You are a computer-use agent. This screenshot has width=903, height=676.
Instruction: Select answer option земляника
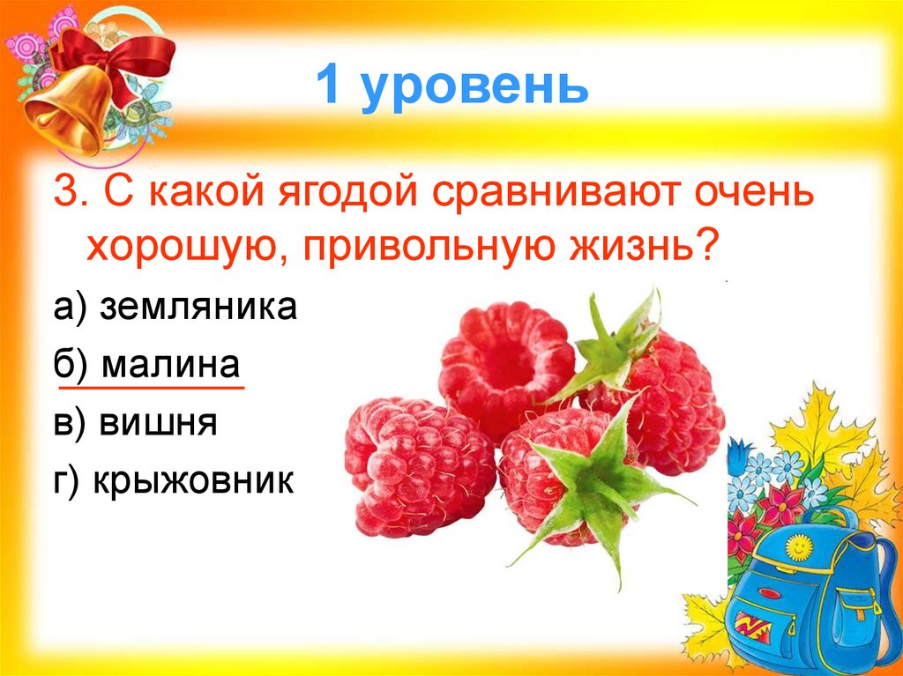[198, 308]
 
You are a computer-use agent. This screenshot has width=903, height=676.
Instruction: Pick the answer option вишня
[159, 424]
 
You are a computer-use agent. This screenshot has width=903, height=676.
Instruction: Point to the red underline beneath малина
[150, 387]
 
